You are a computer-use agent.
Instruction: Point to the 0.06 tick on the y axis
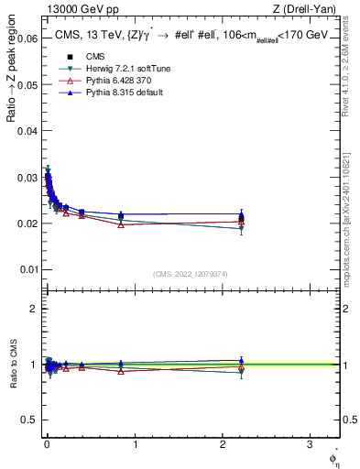[29, 39]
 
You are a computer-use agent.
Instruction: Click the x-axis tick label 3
[310, 443]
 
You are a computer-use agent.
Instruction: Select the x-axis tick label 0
[47, 443]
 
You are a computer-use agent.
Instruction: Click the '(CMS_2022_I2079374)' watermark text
[191, 274]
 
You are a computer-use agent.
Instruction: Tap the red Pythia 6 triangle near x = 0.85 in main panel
[121, 224]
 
